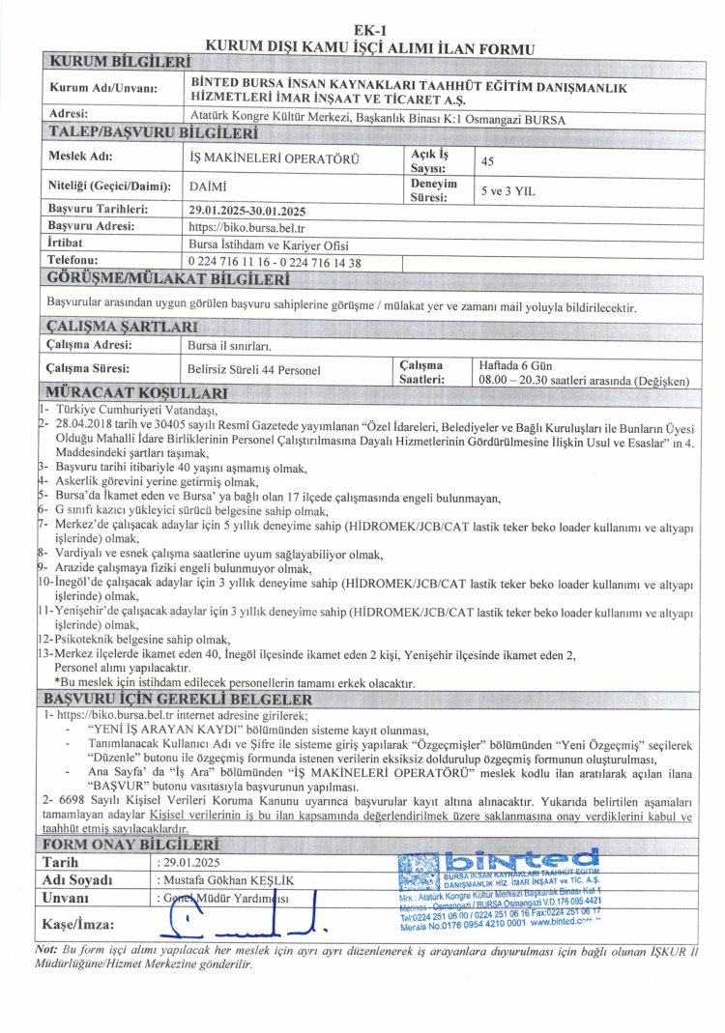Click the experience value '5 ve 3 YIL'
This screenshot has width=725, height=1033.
pos(507,191)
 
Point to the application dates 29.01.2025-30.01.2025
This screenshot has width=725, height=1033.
pos(247,209)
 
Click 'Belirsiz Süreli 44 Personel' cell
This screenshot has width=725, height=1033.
pos(253,368)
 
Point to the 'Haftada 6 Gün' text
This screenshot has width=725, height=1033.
pos(519,364)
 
